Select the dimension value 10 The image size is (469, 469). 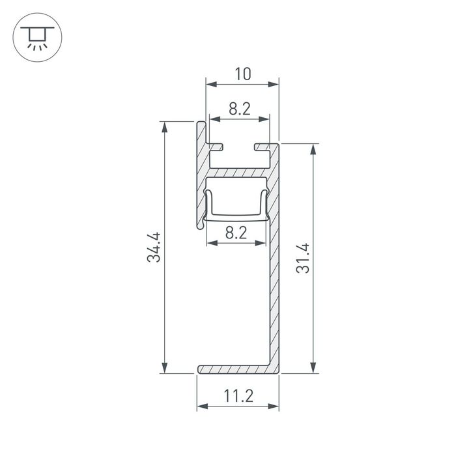point(242,74)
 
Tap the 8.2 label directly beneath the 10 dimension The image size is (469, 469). point(239,109)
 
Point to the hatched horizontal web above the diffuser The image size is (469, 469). point(238,173)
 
